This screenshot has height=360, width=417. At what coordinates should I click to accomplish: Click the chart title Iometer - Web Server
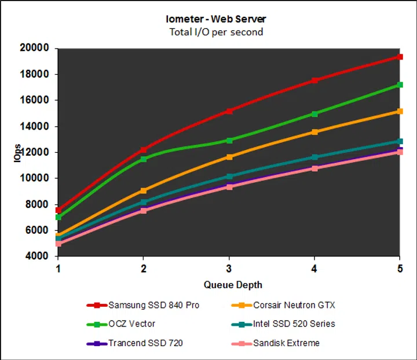pyautogui.click(x=215, y=20)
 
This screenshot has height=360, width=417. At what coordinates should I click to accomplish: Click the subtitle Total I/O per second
pyautogui.click(x=215, y=32)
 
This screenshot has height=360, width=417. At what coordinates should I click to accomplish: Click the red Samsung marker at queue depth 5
pyautogui.click(x=400, y=57)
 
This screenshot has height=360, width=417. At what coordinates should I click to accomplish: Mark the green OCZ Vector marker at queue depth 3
pyautogui.click(x=229, y=141)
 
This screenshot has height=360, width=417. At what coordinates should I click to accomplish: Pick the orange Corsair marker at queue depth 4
pyautogui.click(x=314, y=132)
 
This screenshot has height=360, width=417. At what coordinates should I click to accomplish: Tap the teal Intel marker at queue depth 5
pyautogui.click(x=400, y=141)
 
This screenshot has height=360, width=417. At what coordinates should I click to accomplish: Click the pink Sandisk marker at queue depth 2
pyautogui.click(x=144, y=210)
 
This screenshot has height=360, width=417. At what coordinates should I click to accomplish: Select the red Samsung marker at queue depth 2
pyautogui.click(x=144, y=150)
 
